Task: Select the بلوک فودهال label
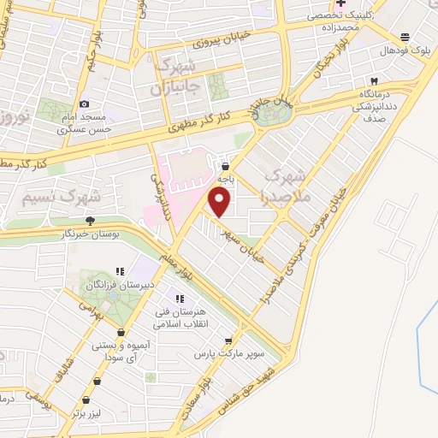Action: point(405,49)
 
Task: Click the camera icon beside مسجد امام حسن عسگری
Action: point(84,104)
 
